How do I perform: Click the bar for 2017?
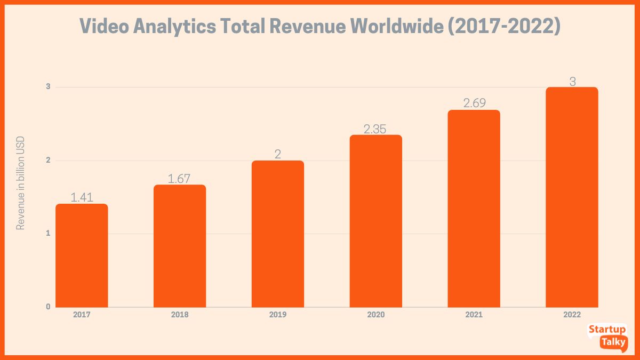pyautogui.click(x=82, y=255)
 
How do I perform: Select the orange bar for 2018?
pyautogui.click(x=180, y=246)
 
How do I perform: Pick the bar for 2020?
pyautogui.click(x=376, y=221)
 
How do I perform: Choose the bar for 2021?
pyautogui.click(x=474, y=209)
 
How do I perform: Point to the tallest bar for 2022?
pyautogui.click(x=572, y=197)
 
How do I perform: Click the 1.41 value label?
pyautogui.click(x=82, y=197)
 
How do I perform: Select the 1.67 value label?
pyautogui.click(x=180, y=179)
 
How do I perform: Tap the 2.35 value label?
pyautogui.click(x=376, y=129)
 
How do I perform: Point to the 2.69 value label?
pyautogui.click(x=474, y=103)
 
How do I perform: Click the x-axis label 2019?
pyautogui.click(x=278, y=315)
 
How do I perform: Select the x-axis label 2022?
pyautogui.click(x=572, y=315)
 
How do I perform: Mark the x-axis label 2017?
pyautogui.click(x=82, y=315)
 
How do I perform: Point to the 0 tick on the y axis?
pyautogui.click(x=48, y=307)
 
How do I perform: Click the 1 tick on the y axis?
pyautogui.click(x=48, y=233)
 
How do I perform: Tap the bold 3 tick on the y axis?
pyautogui.click(x=48, y=86)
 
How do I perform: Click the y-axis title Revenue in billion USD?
pyautogui.click(x=21, y=183)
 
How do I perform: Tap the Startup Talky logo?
pyautogui.click(x=607, y=336)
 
